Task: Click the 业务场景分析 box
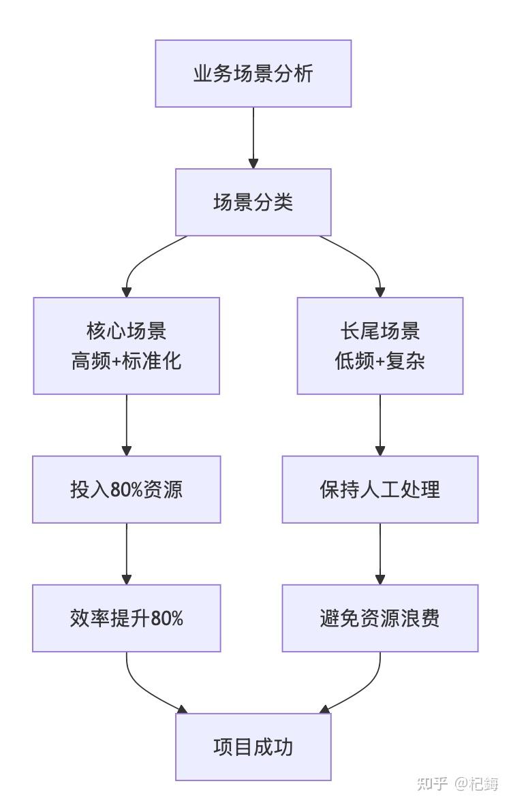tap(253, 74)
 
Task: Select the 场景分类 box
tap(253, 202)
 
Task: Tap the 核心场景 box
tap(126, 345)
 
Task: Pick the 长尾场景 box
tap(380, 345)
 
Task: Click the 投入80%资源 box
tap(126, 489)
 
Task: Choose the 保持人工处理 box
tap(380, 489)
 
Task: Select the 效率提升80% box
tap(126, 618)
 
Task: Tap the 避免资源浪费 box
tap(380, 618)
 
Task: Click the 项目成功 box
tap(253, 747)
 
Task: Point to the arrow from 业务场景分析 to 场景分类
tap(253, 138)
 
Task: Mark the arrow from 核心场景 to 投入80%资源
tap(126, 425)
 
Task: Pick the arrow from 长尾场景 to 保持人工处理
tap(380, 425)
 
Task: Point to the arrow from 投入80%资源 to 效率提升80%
tap(126, 554)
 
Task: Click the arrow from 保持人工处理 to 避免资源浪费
tap(380, 554)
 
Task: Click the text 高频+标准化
tap(126, 361)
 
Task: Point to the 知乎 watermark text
tap(431, 783)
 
